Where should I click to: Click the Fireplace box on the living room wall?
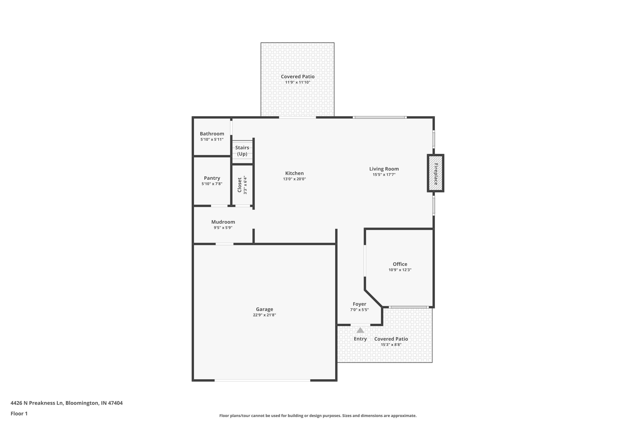[435, 173]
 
